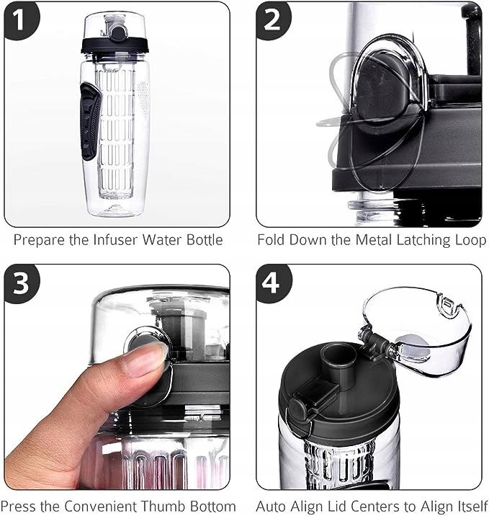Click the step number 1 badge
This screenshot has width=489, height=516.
click(x=20, y=20)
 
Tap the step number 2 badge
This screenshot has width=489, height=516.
click(x=272, y=20)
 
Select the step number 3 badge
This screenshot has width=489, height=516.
click(x=20, y=283)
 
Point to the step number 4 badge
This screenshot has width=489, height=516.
click(x=272, y=283)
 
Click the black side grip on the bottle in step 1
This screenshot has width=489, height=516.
click(x=90, y=121)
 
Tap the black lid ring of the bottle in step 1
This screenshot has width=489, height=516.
click(x=115, y=45)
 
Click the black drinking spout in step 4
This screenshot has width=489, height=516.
click(x=338, y=362)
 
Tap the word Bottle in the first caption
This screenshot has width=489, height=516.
click(x=205, y=240)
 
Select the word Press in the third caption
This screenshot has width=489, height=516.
click(x=18, y=507)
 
